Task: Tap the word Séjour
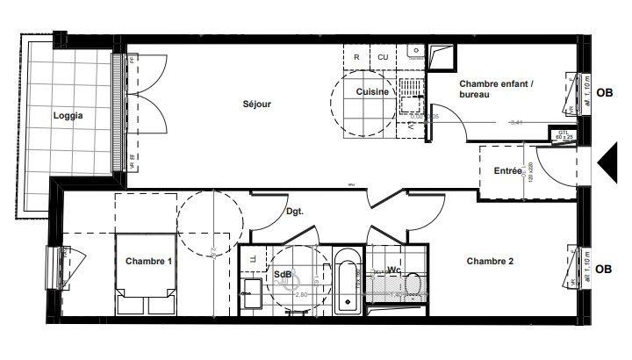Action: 257,104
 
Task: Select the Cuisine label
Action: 373,91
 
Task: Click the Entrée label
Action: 508,170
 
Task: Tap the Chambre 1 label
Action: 148,261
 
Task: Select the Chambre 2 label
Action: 490,261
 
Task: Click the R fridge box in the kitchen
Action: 356,57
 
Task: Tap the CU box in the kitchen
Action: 383,57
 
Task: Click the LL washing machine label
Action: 254,260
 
